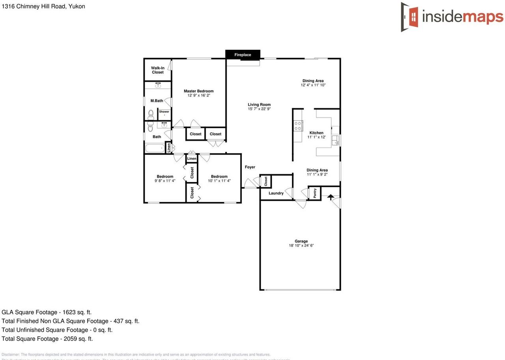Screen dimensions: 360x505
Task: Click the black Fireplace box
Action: coord(243,54)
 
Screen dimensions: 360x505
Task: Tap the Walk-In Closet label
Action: coord(157,70)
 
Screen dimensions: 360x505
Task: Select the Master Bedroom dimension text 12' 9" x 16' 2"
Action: coord(198,95)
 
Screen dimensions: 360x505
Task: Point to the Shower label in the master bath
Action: coord(164,112)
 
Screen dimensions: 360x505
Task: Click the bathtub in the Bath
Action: coord(155,148)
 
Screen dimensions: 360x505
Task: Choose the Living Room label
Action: coord(259,105)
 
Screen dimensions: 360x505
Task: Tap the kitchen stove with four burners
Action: coord(298,126)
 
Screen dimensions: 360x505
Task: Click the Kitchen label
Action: coord(316,133)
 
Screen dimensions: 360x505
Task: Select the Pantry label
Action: coord(315,193)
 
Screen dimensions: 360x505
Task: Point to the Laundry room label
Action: coord(276,193)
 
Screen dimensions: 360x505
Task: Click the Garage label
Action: coord(301,241)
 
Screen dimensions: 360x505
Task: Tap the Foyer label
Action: coord(250,167)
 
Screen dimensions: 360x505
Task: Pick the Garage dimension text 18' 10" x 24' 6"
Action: coord(301,246)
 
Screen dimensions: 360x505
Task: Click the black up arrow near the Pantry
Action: coord(330,197)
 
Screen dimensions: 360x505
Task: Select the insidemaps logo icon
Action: coord(410,17)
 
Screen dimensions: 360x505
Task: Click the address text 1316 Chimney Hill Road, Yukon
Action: coord(43,6)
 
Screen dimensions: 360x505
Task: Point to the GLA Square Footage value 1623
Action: coord(69,312)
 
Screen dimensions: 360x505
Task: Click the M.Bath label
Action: coord(157,101)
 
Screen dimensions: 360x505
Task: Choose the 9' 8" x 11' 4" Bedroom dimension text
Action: coord(165,181)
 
